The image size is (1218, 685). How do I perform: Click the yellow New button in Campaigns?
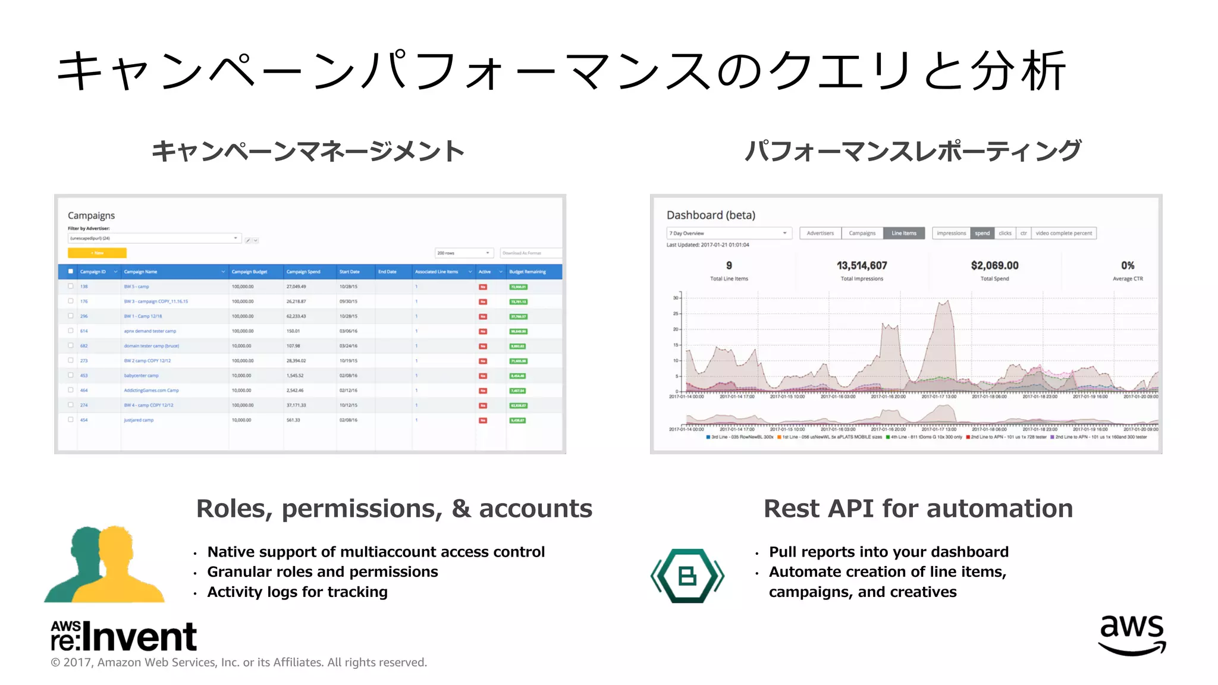97,253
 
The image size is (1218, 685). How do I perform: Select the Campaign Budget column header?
249,272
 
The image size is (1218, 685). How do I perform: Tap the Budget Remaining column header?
527,272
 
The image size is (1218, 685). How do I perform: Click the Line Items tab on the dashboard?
903,233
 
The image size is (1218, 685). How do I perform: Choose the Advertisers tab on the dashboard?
820,233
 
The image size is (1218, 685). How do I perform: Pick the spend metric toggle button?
982,233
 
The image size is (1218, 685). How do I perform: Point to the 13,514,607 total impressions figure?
862,266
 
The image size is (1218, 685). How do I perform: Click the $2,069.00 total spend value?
994,266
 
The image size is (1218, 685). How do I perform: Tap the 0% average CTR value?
1128,266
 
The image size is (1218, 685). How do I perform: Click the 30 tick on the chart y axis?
676,298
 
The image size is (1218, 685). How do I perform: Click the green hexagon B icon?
688,576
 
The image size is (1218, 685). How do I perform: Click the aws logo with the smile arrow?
1132,635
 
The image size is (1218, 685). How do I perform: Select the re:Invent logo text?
124,636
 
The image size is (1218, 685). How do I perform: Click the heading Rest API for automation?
918,509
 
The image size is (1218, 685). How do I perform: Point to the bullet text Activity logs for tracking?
297,592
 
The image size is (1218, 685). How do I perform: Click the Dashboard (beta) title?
711,215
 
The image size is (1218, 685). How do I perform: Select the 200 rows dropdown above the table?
464,253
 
